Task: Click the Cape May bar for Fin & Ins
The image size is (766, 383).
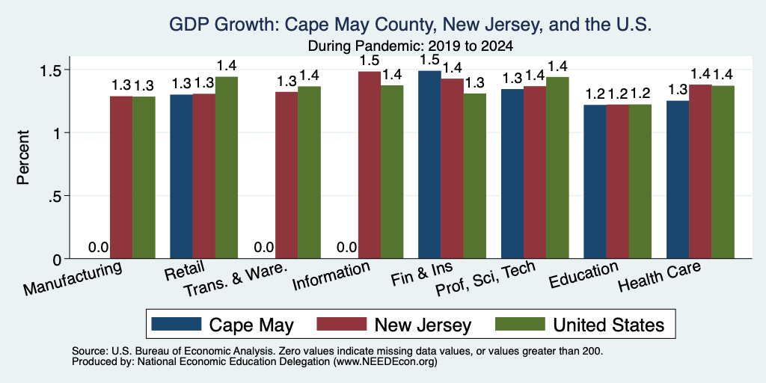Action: click(429, 165)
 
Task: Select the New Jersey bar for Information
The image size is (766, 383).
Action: click(370, 165)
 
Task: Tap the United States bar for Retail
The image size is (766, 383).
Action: click(226, 168)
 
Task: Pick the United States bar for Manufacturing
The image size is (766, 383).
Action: click(144, 177)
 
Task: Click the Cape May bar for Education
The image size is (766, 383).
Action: click(595, 182)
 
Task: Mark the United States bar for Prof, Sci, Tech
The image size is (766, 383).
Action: click(557, 168)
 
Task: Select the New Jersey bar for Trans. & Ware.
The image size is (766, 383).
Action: click(287, 175)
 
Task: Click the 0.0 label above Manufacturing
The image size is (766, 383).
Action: click(98, 247)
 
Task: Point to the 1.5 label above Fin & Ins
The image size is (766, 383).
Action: click(429, 60)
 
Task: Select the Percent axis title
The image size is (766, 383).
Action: click(23, 157)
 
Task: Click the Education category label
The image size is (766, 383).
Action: click(583, 275)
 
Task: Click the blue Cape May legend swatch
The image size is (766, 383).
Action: click(177, 324)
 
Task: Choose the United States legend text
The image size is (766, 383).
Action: click(609, 325)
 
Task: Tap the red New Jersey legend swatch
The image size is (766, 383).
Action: click(342, 324)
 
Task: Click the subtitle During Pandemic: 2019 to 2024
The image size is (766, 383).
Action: click(411, 46)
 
